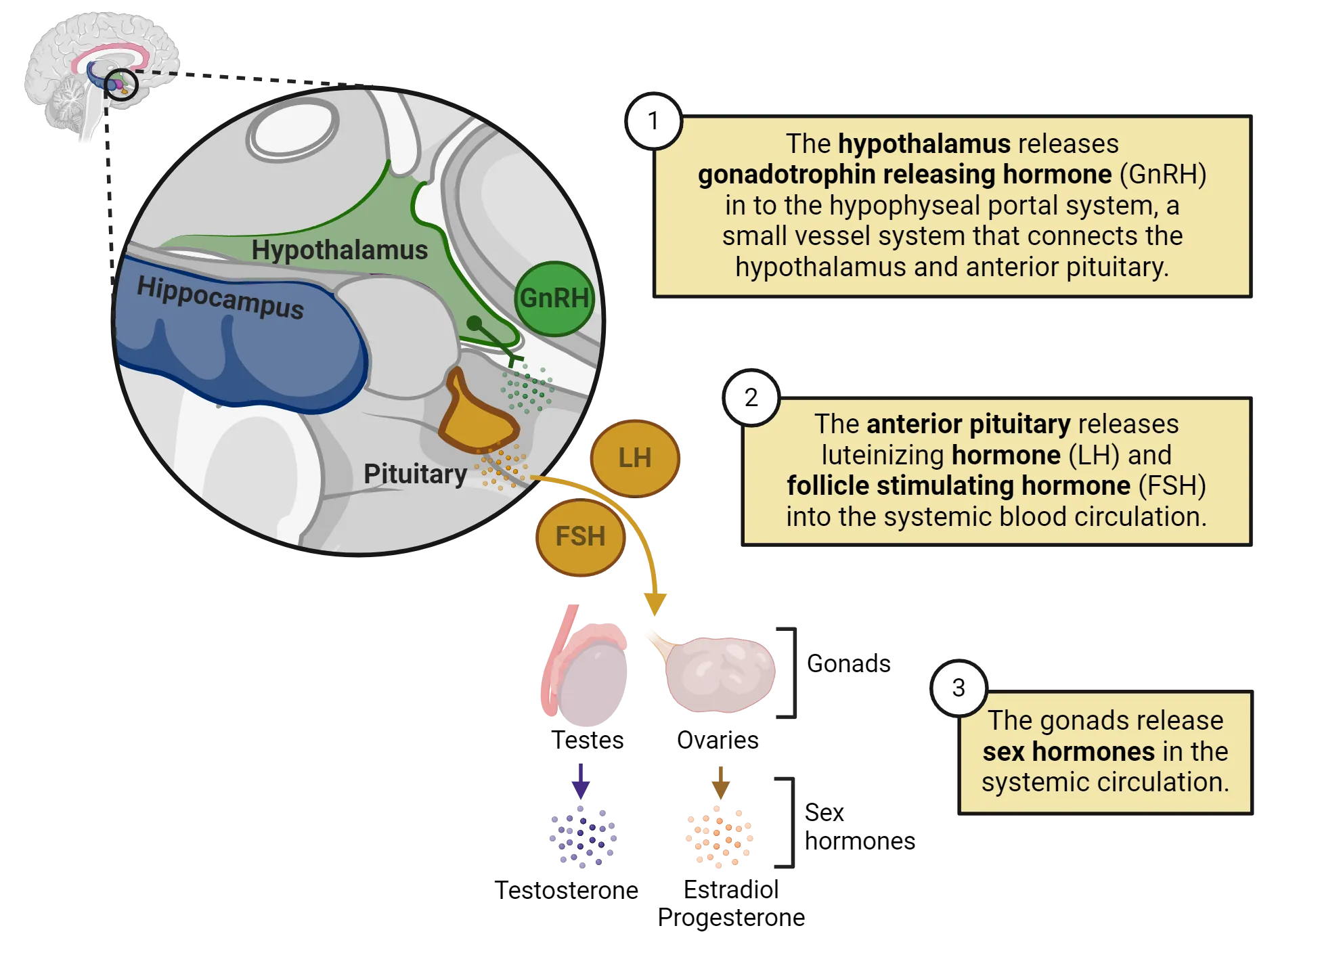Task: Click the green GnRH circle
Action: tap(554, 299)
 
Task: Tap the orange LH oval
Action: tap(634, 458)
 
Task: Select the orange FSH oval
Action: tap(580, 537)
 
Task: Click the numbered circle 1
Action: tap(653, 121)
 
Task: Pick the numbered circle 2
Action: tap(751, 398)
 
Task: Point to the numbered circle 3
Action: tap(958, 688)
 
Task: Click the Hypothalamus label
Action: tap(339, 250)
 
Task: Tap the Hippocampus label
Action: tap(220, 298)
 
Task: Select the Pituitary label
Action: tap(415, 474)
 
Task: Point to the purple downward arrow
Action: tap(580, 782)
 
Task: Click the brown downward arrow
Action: tap(720, 782)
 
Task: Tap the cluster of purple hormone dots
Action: tap(582, 838)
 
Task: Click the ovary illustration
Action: tap(718, 673)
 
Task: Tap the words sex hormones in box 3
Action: tap(1068, 751)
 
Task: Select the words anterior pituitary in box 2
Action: tap(968, 424)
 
